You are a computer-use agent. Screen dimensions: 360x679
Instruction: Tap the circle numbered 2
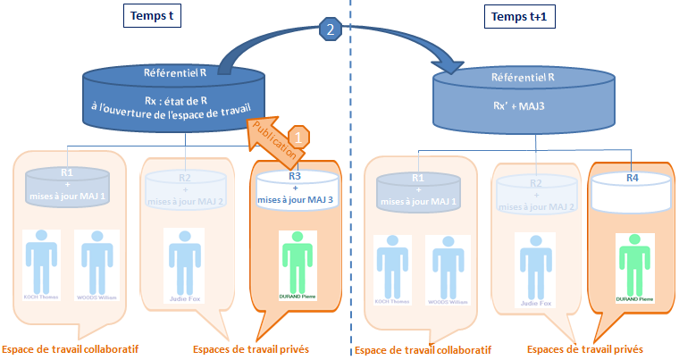pos(331,29)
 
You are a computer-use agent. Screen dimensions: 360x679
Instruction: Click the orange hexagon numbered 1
pos(301,137)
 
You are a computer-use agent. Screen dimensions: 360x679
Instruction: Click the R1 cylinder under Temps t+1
pos(417,191)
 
